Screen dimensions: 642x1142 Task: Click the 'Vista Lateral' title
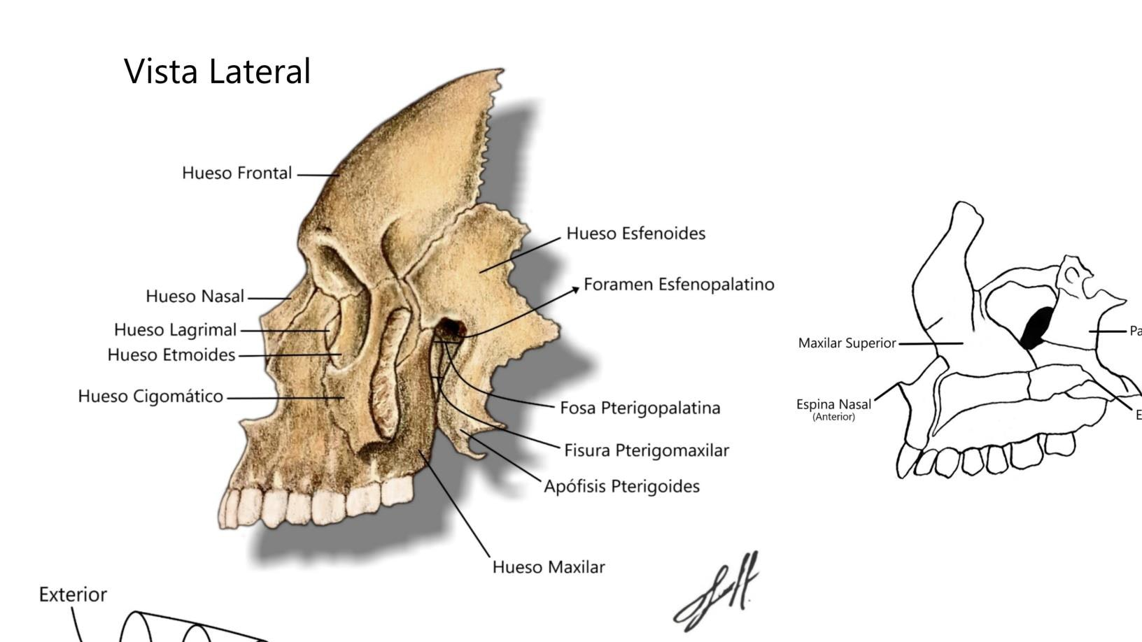tap(217, 71)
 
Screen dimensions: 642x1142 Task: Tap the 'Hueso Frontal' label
tap(237, 173)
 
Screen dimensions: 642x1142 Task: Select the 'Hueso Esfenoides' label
tap(635, 233)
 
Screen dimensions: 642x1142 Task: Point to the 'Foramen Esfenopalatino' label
tap(679, 284)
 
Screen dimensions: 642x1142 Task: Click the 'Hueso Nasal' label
tap(195, 297)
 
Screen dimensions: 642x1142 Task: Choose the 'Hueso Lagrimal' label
tap(175, 329)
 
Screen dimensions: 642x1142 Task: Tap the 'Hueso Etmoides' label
tap(171, 355)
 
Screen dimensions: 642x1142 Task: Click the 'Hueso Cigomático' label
tap(150, 397)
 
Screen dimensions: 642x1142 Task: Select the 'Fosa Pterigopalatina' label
tap(640, 408)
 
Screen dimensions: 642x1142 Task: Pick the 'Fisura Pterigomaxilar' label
tap(646, 450)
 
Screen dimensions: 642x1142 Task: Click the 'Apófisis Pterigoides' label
tap(621, 486)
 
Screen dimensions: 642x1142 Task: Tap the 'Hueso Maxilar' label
tap(548, 566)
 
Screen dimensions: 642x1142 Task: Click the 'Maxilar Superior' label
tap(847, 343)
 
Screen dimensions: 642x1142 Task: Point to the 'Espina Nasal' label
tap(833, 404)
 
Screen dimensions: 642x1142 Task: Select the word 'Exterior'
tap(73, 594)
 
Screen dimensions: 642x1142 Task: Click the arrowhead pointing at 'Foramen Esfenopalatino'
tap(576, 287)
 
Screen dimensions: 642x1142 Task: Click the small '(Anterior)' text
tap(833, 417)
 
